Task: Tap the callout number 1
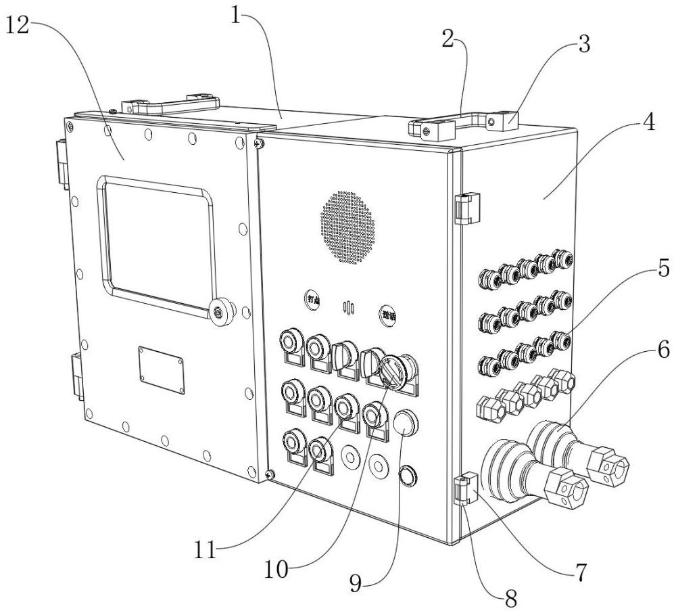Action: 236,16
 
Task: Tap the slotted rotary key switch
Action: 393,371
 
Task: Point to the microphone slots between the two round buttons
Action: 349,309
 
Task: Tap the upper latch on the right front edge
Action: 466,208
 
